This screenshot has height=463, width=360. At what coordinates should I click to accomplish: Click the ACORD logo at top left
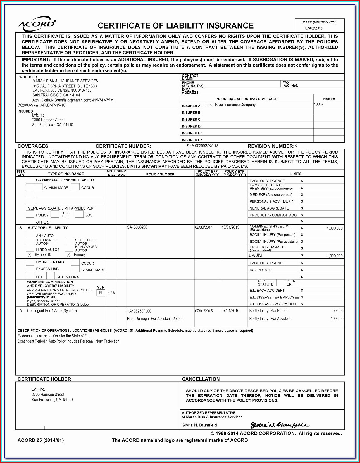pos(37,24)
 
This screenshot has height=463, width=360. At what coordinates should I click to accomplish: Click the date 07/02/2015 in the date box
pos(314,28)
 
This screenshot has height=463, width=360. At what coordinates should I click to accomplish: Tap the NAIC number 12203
pos(319,105)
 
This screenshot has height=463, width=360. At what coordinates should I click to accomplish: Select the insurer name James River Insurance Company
pos(230,105)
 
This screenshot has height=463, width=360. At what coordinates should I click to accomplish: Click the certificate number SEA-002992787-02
pos(202,146)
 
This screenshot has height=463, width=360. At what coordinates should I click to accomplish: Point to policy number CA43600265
pos(137,227)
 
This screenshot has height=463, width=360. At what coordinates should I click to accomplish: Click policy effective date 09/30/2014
pos(204,227)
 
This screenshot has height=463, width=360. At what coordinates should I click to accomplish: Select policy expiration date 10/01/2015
pos(230,227)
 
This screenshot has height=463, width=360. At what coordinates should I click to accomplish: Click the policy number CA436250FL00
pos(139,311)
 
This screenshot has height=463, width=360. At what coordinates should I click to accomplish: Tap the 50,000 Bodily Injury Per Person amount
pos(338,311)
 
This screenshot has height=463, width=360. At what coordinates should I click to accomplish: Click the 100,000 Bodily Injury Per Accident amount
pos(337,319)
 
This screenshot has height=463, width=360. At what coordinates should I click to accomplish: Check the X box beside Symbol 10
pos(30,255)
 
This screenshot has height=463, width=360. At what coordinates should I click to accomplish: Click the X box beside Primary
pos(68,255)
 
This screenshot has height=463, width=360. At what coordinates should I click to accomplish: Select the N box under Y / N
pos(101,293)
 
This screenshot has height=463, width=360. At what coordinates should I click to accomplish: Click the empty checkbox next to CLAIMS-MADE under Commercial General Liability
pos(39,187)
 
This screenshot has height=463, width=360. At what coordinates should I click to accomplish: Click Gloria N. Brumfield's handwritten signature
pos(280,425)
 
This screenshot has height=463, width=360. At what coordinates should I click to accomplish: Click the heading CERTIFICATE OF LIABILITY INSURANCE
pos(175,26)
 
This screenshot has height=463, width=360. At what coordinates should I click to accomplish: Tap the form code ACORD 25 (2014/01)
pos(40,440)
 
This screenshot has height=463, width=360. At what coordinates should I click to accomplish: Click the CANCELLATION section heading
pos(201,379)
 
